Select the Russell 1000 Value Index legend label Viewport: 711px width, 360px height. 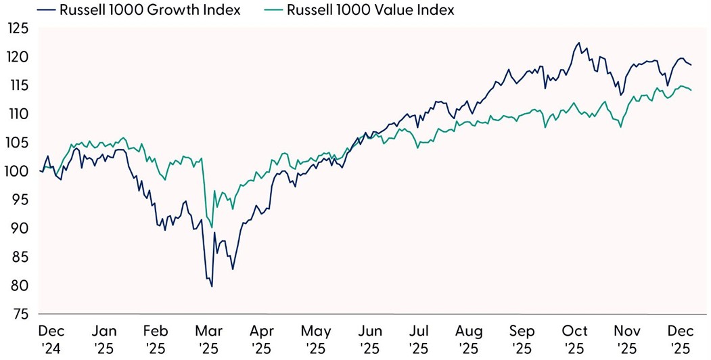pos(369,9)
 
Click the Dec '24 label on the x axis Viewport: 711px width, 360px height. pos(52,339)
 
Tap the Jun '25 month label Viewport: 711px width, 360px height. pos(369,339)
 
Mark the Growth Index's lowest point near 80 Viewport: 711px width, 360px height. pos(212,286)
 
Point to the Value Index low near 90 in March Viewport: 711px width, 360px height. pos(212,228)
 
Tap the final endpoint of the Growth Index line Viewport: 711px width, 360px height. pos(691,65)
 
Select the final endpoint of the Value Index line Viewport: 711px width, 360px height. pos(691,91)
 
